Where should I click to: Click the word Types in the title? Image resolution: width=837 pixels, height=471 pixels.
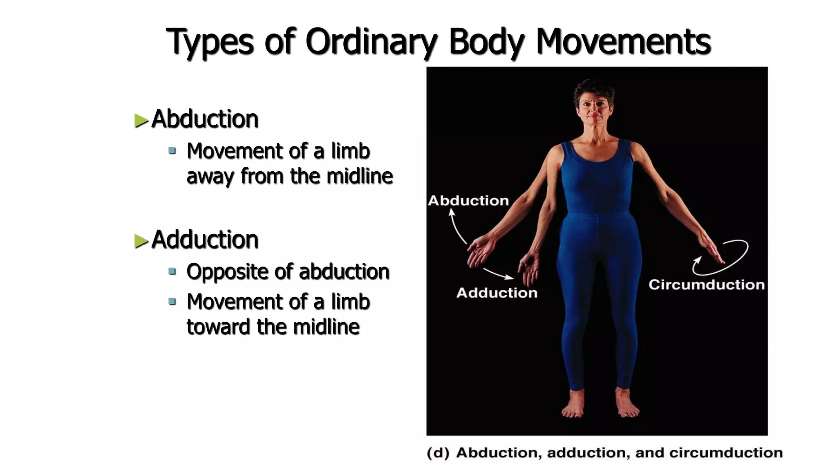(x=209, y=42)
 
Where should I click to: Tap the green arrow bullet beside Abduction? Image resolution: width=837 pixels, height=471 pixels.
(x=141, y=121)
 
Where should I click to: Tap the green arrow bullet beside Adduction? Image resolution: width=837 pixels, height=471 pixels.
(x=141, y=241)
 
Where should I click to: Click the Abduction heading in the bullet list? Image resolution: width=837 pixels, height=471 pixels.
(x=205, y=119)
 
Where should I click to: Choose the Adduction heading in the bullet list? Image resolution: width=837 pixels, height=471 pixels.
(x=205, y=240)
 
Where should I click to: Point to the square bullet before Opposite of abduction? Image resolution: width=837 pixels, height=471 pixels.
(x=172, y=271)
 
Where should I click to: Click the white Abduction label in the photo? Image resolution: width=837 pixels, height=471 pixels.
(x=468, y=201)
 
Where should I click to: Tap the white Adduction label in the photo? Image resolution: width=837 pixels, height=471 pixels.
(x=497, y=293)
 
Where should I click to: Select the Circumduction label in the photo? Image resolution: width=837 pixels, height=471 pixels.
(x=706, y=285)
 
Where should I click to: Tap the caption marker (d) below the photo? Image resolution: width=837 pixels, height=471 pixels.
(x=438, y=453)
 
